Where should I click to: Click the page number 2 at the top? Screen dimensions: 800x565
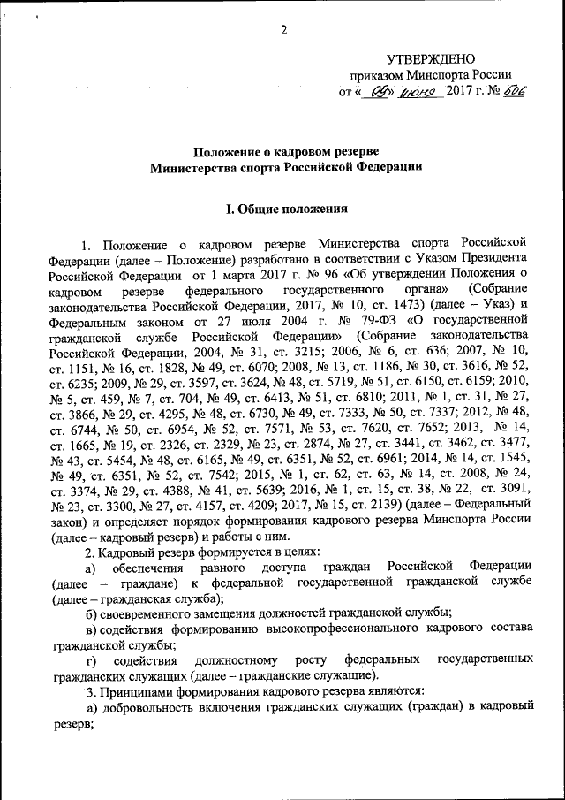[284, 32]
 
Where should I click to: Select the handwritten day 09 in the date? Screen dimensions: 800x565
[380, 91]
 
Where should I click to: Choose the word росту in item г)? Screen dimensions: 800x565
[311, 660]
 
